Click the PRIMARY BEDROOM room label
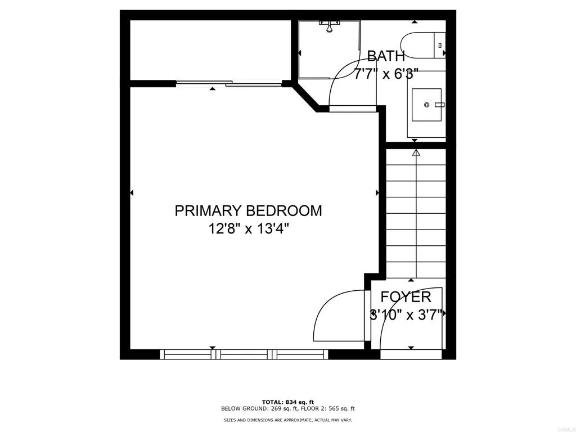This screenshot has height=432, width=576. click(x=248, y=211)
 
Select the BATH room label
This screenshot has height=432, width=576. click(x=386, y=56)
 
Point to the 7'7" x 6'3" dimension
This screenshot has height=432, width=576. click(x=386, y=74)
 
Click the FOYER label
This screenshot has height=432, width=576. click(x=406, y=297)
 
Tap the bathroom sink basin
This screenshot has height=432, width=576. click(x=427, y=105)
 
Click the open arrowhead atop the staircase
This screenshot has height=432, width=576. click(x=416, y=152)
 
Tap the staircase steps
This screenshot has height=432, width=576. click(x=416, y=214)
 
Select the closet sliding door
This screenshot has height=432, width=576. click(x=229, y=84)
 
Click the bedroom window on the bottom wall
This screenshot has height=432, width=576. click(x=244, y=354)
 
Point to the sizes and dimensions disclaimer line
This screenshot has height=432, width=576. click(x=287, y=420)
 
